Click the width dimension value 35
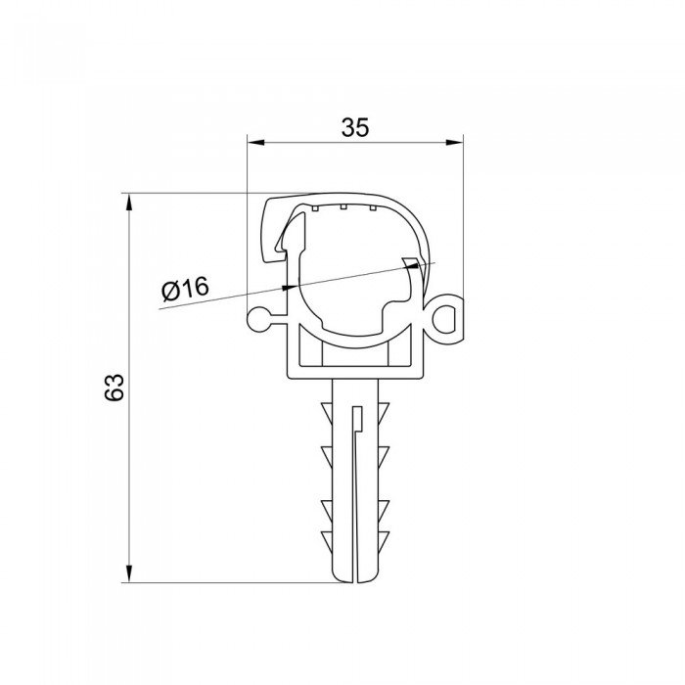(x=355, y=127)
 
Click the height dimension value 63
(x=114, y=388)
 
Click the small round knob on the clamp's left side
(x=258, y=317)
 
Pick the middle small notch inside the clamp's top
(x=344, y=206)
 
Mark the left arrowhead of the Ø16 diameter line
(x=289, y=287)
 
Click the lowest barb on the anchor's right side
(x=384, y=537)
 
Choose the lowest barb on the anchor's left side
(x=326, y=537)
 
